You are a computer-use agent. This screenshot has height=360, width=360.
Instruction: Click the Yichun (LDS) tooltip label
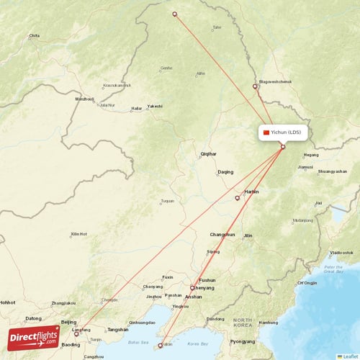(x=284, y=132)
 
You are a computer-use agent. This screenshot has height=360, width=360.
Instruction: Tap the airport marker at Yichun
(x=283, y=147)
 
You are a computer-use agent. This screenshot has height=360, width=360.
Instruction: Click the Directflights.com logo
(x=34, y=337)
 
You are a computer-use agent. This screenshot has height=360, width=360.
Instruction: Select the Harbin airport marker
(x=238, y=198)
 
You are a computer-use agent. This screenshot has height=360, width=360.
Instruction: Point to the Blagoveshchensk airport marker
(x=255, y=86)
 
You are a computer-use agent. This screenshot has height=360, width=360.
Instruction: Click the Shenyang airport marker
(x=192, y=287)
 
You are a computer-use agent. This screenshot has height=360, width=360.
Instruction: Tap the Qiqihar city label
(x=208, y=154)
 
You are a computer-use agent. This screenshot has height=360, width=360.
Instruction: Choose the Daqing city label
(x=225, y=172)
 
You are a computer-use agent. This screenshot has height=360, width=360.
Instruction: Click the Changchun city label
(x=222, y=235)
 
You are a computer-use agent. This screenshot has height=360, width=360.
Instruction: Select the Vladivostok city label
(x=341, y=253)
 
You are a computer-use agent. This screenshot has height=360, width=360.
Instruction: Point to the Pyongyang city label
(x=243, y=341)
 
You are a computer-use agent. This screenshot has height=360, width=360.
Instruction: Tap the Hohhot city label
(x=7, y=302)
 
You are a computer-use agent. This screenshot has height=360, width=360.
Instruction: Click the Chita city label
(x=34, y=35)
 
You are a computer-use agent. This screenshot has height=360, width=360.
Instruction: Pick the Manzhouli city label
(x=84, y=99)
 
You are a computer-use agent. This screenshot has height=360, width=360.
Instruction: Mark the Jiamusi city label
(x=305, y=167)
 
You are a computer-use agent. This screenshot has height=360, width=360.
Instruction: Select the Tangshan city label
(x=117, y=330)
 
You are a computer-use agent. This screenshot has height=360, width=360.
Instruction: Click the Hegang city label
(x=311, y=155)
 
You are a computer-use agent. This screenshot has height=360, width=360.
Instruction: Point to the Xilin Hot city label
(x=78, y=234)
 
